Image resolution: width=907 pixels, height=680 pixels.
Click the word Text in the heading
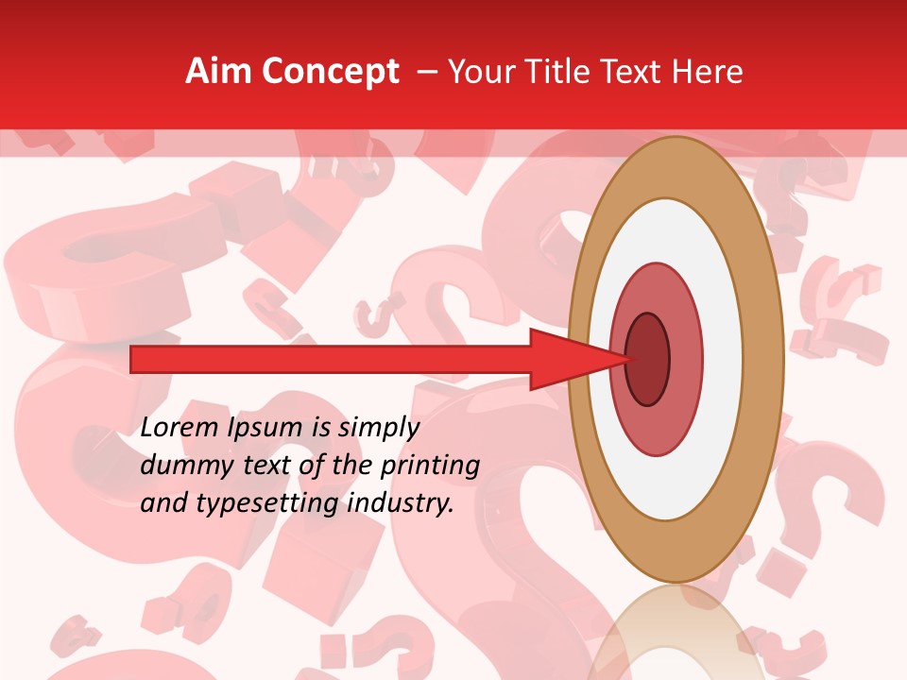coord(638,72)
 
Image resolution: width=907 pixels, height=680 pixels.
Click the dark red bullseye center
coord(648,360)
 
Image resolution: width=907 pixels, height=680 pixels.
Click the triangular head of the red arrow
coord(567,360)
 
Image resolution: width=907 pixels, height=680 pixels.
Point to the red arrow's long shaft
coord(331,360)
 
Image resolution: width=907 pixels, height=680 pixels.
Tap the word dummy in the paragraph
coord(180,466)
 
